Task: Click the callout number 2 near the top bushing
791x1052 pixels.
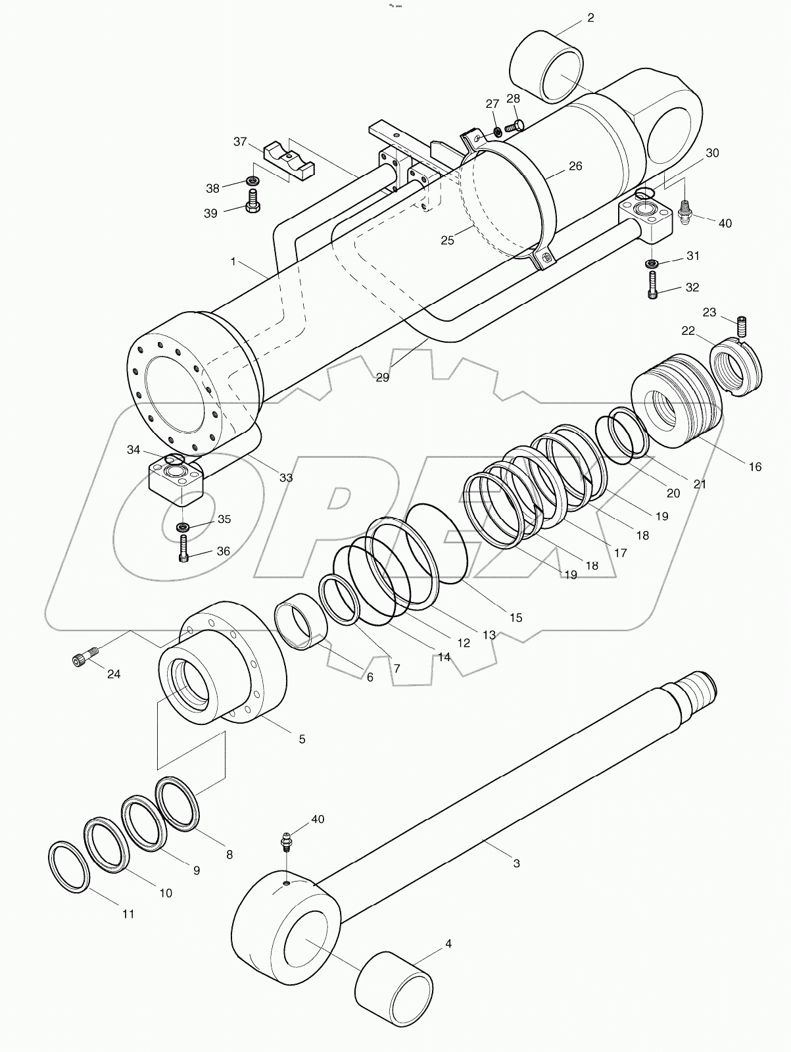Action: pos(590,18)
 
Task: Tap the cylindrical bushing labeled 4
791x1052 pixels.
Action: pos(393,987)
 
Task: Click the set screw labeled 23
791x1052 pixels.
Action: pos(740,327)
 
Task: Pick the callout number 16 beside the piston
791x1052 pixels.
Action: pos(755,466)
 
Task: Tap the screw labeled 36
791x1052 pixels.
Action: pos(183,549)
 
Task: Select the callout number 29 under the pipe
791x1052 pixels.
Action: pos(382,377)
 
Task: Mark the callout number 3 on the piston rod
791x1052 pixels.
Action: pos(516,863)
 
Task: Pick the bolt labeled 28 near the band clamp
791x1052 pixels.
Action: pos(516,123)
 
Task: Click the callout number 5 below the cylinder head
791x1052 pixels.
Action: pos(302,739)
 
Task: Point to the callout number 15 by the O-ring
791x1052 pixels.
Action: pos(515,617)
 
